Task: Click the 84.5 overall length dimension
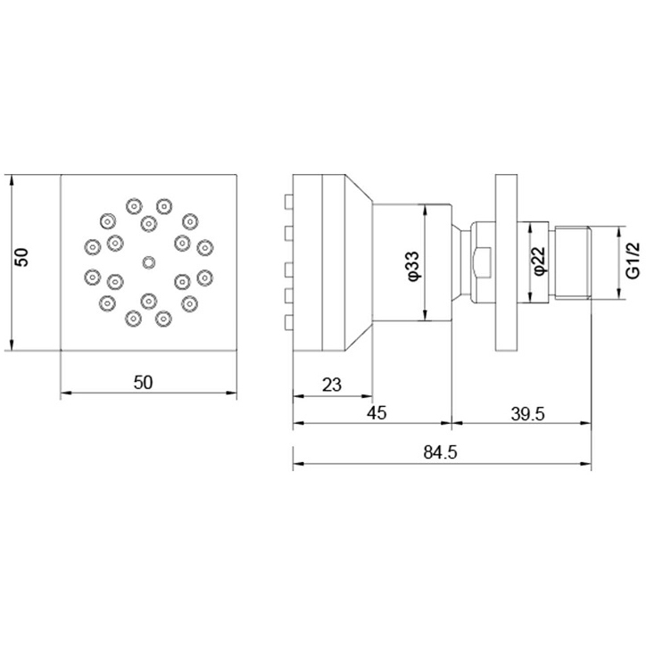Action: click(440, 452)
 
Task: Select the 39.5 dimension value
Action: click(527, 414)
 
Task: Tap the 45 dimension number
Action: click(377, 412)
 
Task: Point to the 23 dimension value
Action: click(332, 385)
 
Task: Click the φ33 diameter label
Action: click(413, 267)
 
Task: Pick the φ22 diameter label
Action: click(539, 261)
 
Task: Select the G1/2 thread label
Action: click(633, 261)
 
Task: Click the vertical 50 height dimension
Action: click(21, 257)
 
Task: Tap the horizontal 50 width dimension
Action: click(143, 382)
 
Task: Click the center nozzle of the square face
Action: click(149, 262)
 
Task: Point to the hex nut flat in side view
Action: click(482, 262)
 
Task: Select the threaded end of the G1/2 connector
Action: click(573, 262)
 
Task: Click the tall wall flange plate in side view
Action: click(506, 263)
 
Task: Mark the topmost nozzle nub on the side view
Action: click(289, 202)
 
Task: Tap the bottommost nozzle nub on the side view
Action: click(289, 323)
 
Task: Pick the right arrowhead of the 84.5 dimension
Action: click(586, 464)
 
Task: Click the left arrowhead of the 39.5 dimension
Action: click(458, 423)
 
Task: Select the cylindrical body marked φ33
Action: click(412, 262)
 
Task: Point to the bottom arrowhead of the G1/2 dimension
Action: click(619, 294)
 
